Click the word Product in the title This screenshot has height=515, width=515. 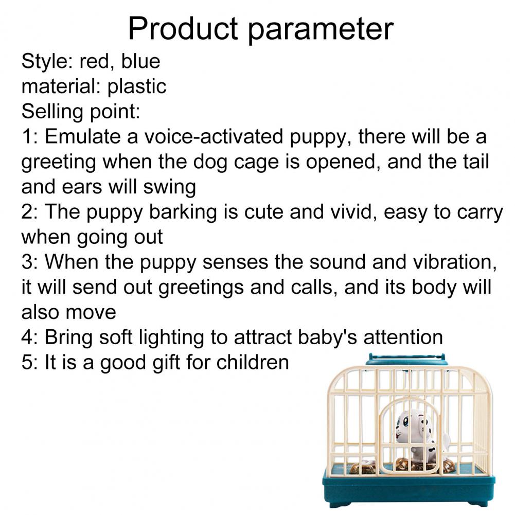[183, 29]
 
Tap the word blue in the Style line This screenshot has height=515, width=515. [140, 61]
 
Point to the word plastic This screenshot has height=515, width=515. [137, 87]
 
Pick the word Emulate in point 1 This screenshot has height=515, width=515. [83, 136]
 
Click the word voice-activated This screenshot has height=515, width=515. [214, 137]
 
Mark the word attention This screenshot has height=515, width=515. [403, 337]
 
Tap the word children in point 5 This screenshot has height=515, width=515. [253, 362]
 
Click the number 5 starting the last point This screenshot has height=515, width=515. [27, 363]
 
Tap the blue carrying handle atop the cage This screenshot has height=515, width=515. [406, 360]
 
